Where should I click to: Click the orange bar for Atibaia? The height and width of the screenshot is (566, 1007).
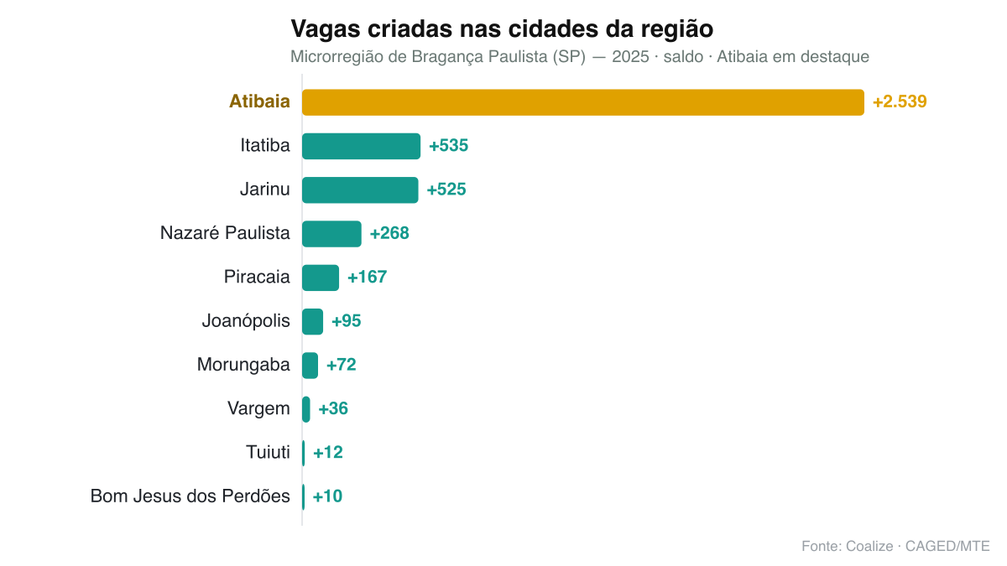[x=583, y=102]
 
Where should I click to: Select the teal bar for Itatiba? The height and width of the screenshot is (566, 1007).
[x=362, y=146]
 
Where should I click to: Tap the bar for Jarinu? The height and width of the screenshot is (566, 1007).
[x=360, y=190]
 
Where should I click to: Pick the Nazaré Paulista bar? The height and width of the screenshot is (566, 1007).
[x=331, y=234]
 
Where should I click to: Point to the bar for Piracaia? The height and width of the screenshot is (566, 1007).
[x=321, y=278]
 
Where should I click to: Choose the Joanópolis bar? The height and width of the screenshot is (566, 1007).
[x=312, y=322]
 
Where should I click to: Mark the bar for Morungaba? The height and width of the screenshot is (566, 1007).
[x=310, y=366]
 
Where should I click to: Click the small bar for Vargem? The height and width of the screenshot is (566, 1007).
[x=306, y=409]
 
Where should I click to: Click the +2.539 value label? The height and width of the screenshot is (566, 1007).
[x=900, y=102]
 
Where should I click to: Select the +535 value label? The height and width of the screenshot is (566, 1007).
[x=449, y=146]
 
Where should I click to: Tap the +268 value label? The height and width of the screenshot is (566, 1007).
[x=389, y=233]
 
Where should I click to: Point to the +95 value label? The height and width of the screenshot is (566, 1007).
[x=346, y=320]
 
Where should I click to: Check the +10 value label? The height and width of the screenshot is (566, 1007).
[x=327, y=496]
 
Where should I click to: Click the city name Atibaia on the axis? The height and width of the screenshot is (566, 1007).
[x=259, y=101]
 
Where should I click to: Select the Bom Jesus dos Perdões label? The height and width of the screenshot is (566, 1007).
[x=190, y=496]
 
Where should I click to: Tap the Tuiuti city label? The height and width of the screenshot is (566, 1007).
[x=268, y=452]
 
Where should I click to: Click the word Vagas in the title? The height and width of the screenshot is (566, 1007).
[x=326, y=29]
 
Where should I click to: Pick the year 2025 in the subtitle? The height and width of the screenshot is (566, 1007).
[x=630, y=57]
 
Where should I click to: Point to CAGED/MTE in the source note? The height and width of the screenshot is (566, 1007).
[x=947, y=546]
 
